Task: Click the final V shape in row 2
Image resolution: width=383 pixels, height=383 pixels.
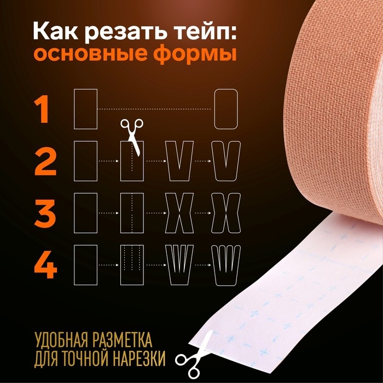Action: [x=227, y=161]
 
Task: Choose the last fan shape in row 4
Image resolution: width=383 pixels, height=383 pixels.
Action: [x=227, y=264]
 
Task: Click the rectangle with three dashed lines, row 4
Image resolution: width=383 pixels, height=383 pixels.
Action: [x=132, y=264]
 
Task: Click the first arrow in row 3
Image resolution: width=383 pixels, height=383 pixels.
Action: [x=108, y=213]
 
